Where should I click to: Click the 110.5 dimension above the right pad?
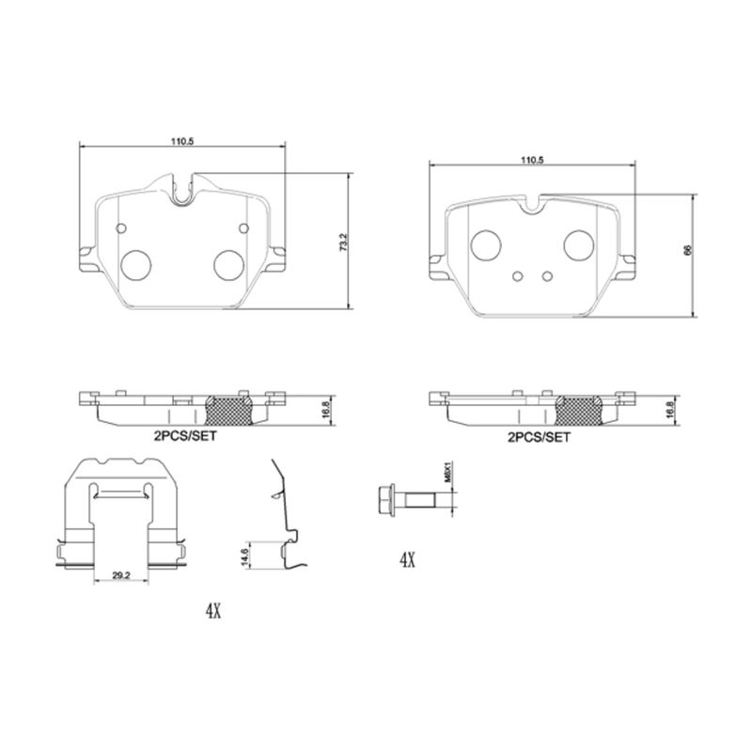tap(532, 161)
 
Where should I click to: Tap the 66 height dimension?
tap(688, 251)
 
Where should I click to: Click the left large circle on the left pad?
tap(137, 265)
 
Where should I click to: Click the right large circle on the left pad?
tap(227, 265)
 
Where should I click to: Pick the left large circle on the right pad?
tap(487, 244)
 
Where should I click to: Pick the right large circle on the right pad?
tap(577, 244)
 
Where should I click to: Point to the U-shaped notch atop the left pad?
tap(183, 189)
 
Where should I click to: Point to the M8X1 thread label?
tap(450, 470)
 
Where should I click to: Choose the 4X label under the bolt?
tap(406, 560)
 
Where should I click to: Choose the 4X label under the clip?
tap(212, 611)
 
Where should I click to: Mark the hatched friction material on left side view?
tap(229, 409)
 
